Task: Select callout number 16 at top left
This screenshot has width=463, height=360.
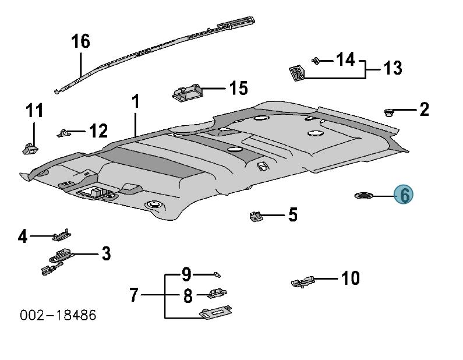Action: (x=81, y=42)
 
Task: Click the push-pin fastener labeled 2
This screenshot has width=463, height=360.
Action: (x=390, y=111)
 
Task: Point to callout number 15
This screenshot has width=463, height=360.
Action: (x=238, y=89)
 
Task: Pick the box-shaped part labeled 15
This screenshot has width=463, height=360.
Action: (x=187, y=91)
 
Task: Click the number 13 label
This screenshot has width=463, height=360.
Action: (x=393, y=68)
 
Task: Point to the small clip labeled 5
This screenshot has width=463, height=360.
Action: (x=255, y=216)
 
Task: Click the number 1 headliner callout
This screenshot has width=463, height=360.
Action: (x=135, y=103)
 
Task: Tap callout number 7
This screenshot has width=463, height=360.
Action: (x=134, y=296)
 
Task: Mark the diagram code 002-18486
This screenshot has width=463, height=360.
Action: (x=58, y=315)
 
